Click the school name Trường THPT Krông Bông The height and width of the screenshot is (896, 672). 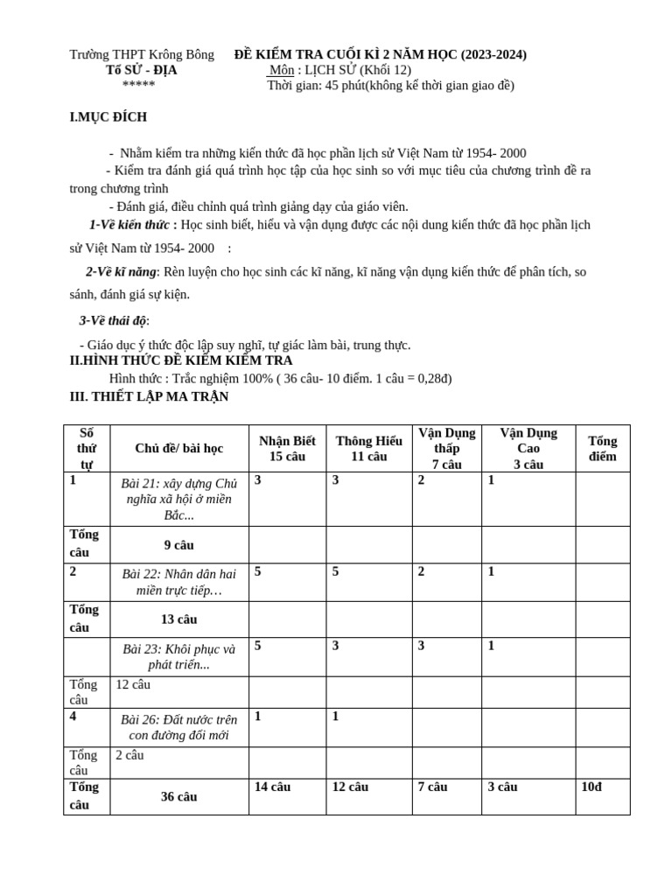142,54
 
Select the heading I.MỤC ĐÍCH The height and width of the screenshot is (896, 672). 108,117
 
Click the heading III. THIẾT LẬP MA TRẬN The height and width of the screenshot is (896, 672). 149,396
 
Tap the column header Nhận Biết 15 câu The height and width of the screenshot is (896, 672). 287,448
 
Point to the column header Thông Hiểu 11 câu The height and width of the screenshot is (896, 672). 368,448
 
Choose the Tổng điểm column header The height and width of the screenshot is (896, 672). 602,448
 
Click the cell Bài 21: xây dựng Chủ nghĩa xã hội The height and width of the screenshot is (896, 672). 178,499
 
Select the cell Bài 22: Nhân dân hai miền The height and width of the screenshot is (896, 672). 178,582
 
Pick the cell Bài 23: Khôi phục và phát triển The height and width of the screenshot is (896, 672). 178,656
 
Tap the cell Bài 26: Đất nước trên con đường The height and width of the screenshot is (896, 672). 178,727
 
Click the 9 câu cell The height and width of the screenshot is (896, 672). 178,545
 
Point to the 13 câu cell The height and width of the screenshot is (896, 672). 178,619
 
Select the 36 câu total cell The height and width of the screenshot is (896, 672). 178,796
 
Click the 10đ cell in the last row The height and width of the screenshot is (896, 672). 591,787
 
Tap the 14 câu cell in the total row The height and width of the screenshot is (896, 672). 272,787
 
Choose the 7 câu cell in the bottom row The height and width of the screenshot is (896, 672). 432,787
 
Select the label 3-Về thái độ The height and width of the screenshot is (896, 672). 114,321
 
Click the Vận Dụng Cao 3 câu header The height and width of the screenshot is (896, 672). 528,448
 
